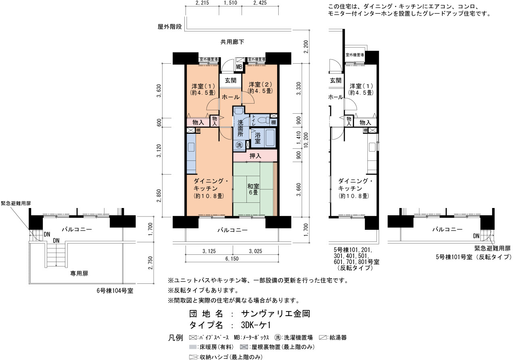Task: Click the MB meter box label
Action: tap(239, 67)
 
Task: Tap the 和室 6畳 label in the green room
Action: tap(253, 189)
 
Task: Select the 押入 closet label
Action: tap(255, 156)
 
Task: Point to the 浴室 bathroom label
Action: tap(257, 138)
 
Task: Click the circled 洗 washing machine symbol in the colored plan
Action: tap(239, 145)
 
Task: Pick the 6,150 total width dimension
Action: tap(232, 259)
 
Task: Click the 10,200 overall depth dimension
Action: tap(306, 140)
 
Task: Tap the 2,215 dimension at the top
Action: tap(202, 3)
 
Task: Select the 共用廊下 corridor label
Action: tap(232, 42)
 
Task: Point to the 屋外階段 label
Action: tap(170, 27)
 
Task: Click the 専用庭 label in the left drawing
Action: tap(79, 273)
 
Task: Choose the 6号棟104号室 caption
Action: tap(115, 291)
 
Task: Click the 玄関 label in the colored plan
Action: tap(230, 81)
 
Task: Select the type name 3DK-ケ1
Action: tap(256, 325)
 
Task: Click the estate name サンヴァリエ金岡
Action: tap(276, 314)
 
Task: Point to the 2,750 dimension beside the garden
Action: tap(150, 263)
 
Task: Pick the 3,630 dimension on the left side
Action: tap(158, 91)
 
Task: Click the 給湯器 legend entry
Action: tap(333, 337)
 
